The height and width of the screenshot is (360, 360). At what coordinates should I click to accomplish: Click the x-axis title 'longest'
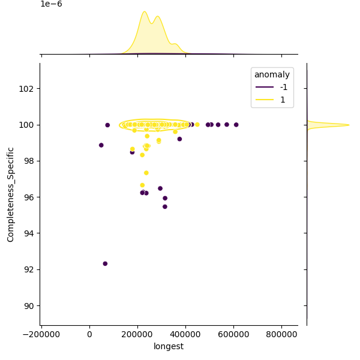[x=169, y=346]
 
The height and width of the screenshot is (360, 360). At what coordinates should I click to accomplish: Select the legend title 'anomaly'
[x=272, y=75]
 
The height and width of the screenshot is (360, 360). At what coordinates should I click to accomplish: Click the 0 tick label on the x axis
[x=90, y=334]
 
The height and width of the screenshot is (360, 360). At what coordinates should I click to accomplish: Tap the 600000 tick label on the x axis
[x=234, y=334]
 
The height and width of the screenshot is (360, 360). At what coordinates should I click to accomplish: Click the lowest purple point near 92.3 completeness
[x=105, y=263]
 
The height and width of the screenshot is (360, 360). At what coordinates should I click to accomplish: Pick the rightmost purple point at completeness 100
[x=236, y=125]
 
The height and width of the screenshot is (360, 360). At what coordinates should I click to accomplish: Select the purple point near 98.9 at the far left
[x=101, y=145]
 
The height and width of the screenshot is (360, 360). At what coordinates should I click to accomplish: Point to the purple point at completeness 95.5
[x=165, y=206]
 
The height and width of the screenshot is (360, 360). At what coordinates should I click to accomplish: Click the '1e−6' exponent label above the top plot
[x=51, y=4]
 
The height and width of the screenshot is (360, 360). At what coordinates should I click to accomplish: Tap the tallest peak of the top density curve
[x=144, y=11]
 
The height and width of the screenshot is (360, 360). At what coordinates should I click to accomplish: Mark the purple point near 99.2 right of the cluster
[x=179, y=139]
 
